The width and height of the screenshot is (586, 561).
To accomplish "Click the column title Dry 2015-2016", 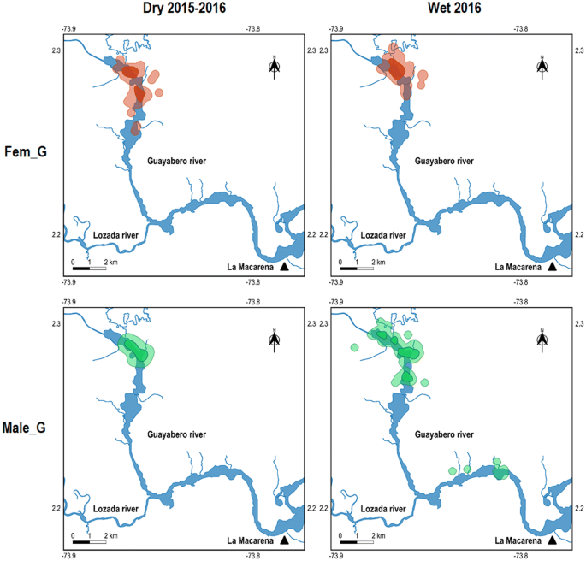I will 183,9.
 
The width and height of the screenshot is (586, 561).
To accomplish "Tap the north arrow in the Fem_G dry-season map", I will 275,68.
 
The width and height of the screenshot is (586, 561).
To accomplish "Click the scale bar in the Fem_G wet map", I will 357,268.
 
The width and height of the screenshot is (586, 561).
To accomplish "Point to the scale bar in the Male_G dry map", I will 89,541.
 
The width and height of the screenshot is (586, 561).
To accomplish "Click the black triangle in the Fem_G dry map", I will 284,267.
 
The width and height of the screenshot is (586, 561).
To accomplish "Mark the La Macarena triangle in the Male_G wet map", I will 553,540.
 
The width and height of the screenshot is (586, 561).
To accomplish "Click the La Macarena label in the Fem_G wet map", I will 519,267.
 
